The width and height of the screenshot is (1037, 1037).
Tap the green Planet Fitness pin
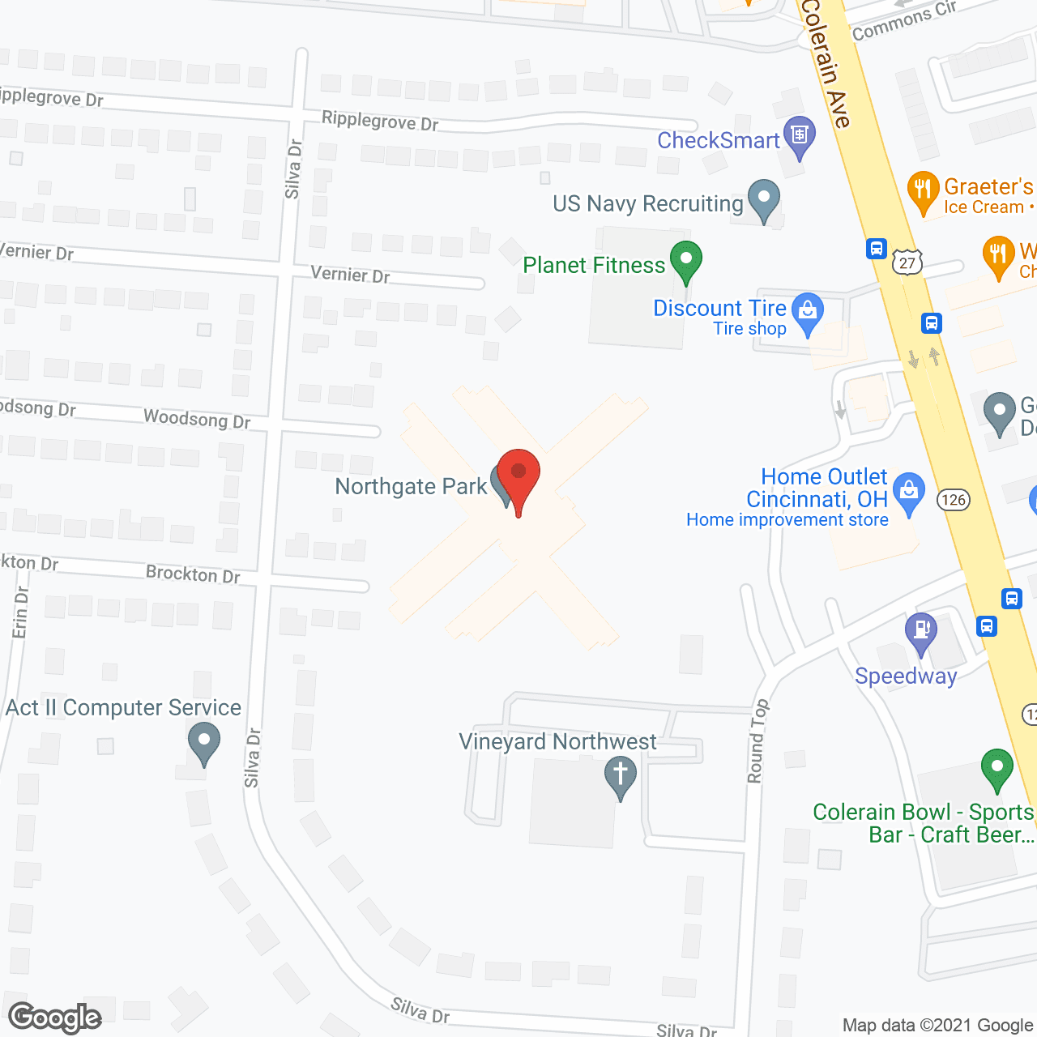click(686, 261)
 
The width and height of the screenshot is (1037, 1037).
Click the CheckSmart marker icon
click(800, 137)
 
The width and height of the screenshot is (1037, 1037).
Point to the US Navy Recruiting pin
click(763, 198)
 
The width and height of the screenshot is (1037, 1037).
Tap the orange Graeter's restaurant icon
click(923, 191)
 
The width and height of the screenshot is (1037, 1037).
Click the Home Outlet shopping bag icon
click(909, 492)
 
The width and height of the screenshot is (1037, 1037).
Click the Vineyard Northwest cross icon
click(621, 775)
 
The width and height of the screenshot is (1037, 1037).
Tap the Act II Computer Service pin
click(203, 741)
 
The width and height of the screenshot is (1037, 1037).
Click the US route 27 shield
click(907, 262)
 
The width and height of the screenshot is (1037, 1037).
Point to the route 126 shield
click(954, 500)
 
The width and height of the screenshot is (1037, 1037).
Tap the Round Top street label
click(757, 741)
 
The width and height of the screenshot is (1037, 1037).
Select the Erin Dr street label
click(20, 612)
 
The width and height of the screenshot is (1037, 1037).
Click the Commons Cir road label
click(904, 20)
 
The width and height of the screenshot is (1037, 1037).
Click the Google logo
click(55, 1018)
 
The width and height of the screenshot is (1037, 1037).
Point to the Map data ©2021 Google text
click(937, 1026)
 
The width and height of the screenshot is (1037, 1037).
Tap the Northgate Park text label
click(411, 486)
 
